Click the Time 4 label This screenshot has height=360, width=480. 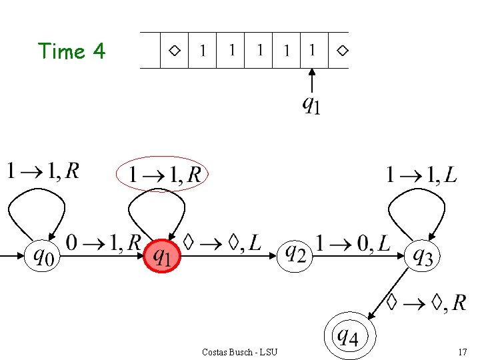72,51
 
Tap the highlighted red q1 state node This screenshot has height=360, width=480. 162,255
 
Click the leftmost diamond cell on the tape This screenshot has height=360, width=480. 174,50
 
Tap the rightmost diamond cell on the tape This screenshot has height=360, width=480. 341,50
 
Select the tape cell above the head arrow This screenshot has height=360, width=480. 313,50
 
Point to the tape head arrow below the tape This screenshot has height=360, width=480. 313,80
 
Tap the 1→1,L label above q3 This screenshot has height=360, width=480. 421,175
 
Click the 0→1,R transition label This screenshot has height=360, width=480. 103,243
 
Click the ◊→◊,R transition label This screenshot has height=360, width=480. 427,303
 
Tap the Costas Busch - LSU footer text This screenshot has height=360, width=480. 239,351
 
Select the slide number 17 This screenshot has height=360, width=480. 462,351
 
